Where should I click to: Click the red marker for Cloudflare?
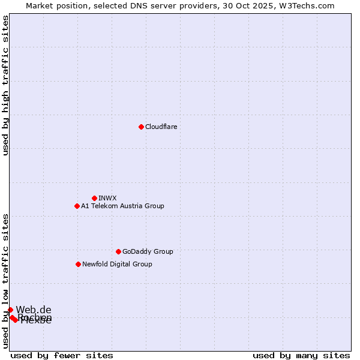(x=141, y=127)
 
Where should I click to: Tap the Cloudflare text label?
(x=161, y=127)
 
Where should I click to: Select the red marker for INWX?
(x=94, y=198)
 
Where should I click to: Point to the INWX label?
(x=107, y=198)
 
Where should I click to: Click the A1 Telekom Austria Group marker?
(x=77, y=206)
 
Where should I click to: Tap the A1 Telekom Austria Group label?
(x=122, y=206)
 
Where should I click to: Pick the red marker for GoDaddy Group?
(x=118, y=251)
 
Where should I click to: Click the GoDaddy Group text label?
(x=147, y=251)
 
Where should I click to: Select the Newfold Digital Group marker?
(x=78, y=264)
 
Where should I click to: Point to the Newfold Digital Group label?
(x=117, y=264)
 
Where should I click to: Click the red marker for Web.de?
(x=10, y=310)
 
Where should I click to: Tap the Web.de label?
(x=34, y=310)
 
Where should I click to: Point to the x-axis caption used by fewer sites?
(x=62, y=355)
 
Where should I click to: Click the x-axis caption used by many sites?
(x=301, y=355)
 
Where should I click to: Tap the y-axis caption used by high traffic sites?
(x=5, y=85)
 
